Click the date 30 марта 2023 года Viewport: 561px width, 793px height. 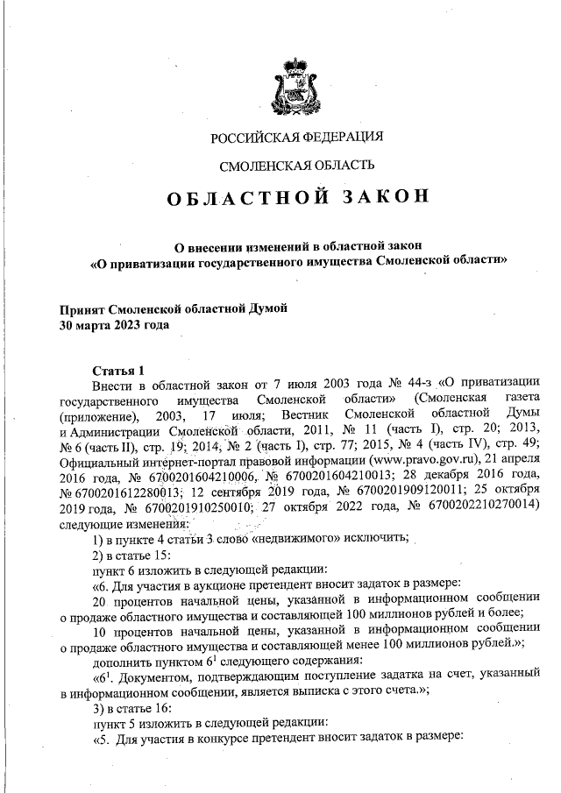point(114,324)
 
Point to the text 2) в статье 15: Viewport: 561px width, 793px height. point(132,556)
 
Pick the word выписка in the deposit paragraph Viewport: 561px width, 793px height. point(359,693)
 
